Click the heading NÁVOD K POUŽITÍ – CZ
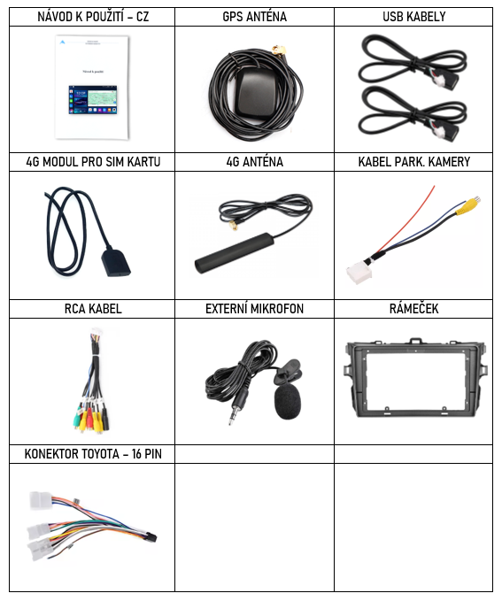click(93, 17)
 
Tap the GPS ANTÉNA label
click(254, 17)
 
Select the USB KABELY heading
click(413, 17)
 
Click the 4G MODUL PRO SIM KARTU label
click(93, 162)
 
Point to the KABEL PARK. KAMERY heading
click(413, 162)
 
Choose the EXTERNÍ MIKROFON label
click(254, 309)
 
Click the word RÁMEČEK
click(413, 309)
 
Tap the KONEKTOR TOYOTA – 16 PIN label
click(93, 454)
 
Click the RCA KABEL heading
click(93, 309)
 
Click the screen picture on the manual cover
click(93, 100)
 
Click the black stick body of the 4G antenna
click(234, 253)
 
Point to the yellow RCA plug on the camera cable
click(467, 206)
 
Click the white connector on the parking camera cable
click(359, 274)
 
